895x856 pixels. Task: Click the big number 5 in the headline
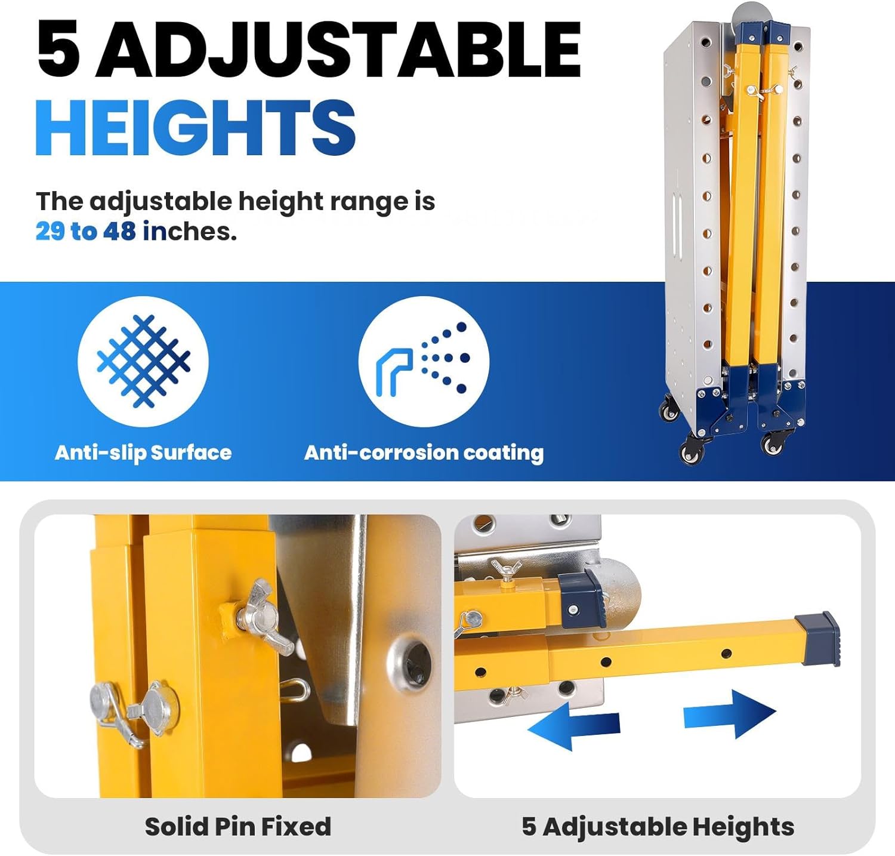[58, 49]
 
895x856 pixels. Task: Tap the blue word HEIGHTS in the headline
[196, 128]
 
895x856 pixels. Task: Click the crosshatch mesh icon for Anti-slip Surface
[143, 361]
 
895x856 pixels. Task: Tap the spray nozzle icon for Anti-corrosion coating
[424, 361]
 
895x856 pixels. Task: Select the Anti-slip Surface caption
[143, 452]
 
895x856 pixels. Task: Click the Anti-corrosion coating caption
[424, 452]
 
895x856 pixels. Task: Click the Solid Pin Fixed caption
[237, 827]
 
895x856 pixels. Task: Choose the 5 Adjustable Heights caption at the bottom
[658, 827]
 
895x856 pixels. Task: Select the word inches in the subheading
[190, 232]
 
